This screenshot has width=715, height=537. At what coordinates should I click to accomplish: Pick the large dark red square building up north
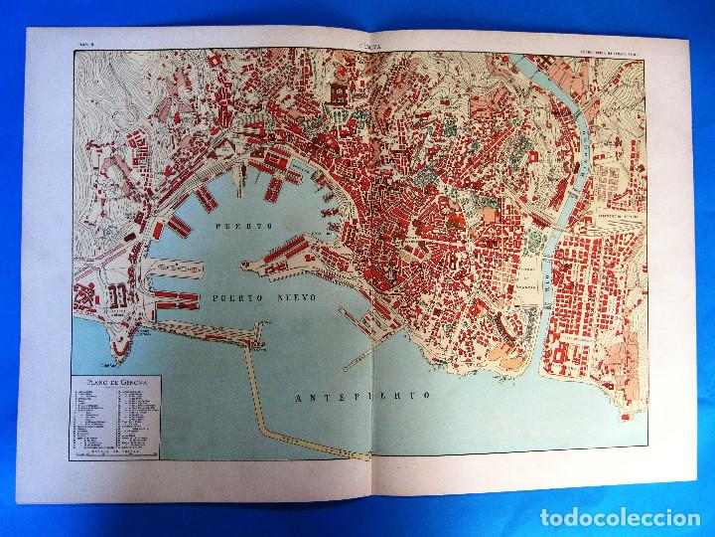[337, 93]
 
